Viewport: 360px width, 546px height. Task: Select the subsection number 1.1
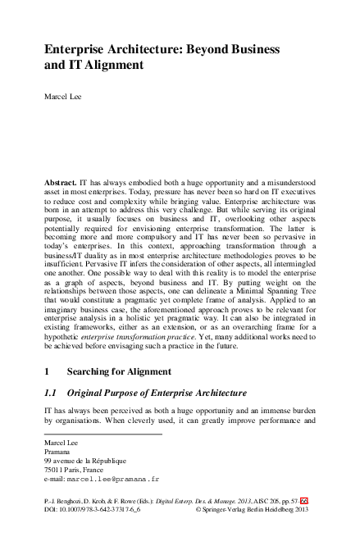pos(51,394)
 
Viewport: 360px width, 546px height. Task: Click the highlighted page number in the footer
pos(304,499)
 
